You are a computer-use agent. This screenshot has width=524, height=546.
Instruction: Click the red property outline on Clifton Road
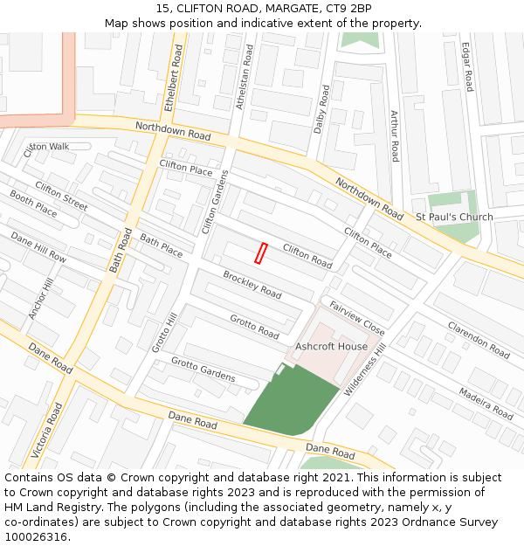[x=259, y=252]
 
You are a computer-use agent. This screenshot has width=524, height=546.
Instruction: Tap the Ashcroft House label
[x=331, y=347]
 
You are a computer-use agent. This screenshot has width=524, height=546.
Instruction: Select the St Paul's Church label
[x=454, y=217]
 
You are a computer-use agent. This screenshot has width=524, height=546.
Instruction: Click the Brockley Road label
[x=252, y=285]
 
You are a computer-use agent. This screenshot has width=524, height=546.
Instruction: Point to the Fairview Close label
[x=357, y=318]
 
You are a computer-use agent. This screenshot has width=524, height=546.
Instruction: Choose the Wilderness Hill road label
[x=366, y=370]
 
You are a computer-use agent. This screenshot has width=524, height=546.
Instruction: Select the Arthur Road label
[x=394, y=135]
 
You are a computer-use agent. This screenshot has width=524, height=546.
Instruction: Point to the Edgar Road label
[x=467, y=67]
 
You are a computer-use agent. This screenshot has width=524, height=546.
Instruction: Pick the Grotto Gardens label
[x=203, y=370]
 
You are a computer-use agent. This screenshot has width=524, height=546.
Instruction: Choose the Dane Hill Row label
[x=38, y=247]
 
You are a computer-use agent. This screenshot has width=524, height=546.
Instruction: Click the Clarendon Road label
[x=478, y=341]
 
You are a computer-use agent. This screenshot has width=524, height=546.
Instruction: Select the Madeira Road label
[x=486, y=404]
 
